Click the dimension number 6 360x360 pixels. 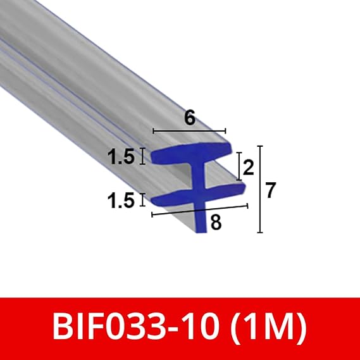[x=188, y=118]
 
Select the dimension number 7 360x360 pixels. [x=271, y=190]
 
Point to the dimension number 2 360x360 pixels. [x=247, y=168]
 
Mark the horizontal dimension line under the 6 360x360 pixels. [x=188, y=132]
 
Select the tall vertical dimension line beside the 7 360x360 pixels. [x=260, y=189]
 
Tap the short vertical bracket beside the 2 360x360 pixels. [x=239, y=165]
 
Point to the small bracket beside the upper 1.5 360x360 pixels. [x=142, y=157]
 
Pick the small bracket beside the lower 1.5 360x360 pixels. [x=142, y=200]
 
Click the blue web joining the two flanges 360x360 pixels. [x=199, y=175]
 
